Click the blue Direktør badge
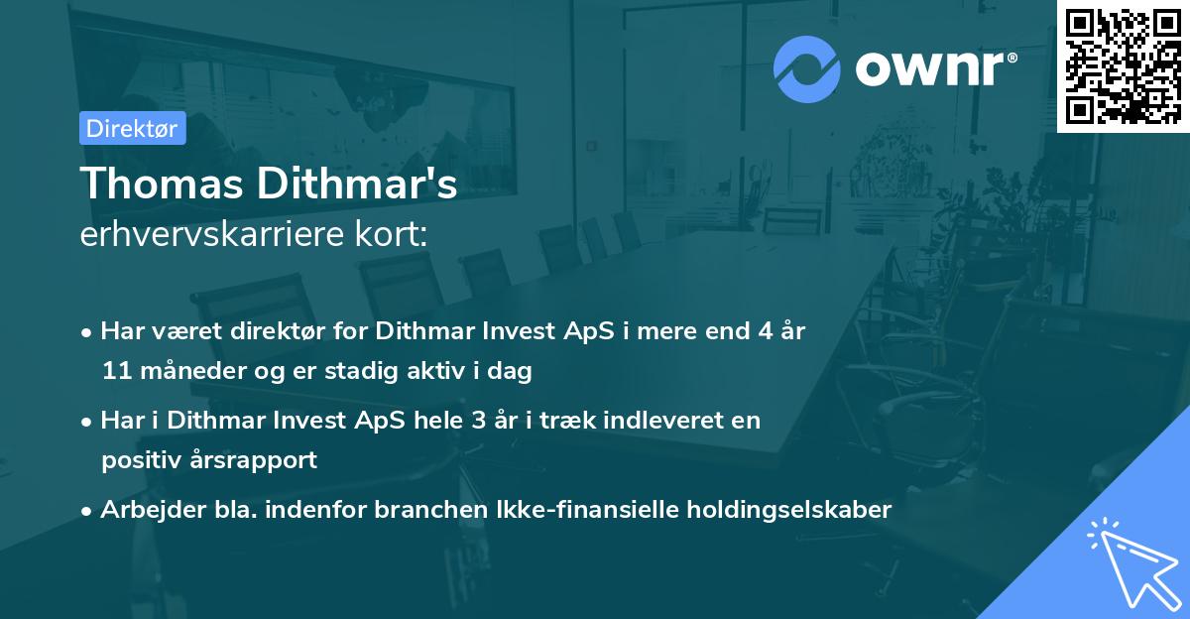tap(132, 128)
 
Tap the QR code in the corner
tap(1123, 65)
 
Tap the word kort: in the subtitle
tap(396, 236)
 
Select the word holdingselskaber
tap(780, 509)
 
